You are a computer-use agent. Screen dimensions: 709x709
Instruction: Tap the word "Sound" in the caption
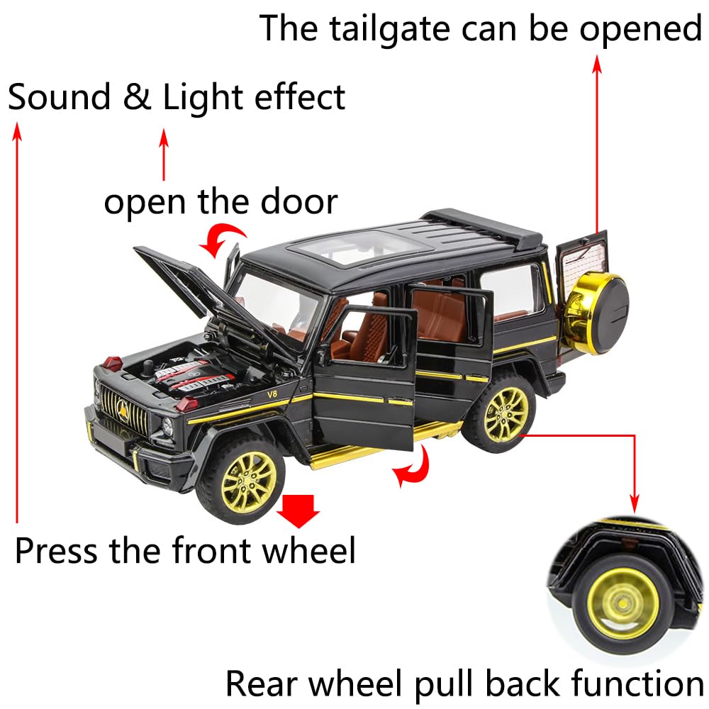60,98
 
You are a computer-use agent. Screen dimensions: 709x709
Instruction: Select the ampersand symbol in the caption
138,98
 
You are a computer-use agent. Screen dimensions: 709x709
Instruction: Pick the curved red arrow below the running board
413,469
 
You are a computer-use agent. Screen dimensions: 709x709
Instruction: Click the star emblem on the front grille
122,406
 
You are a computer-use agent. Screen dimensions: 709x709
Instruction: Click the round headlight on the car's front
168,428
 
